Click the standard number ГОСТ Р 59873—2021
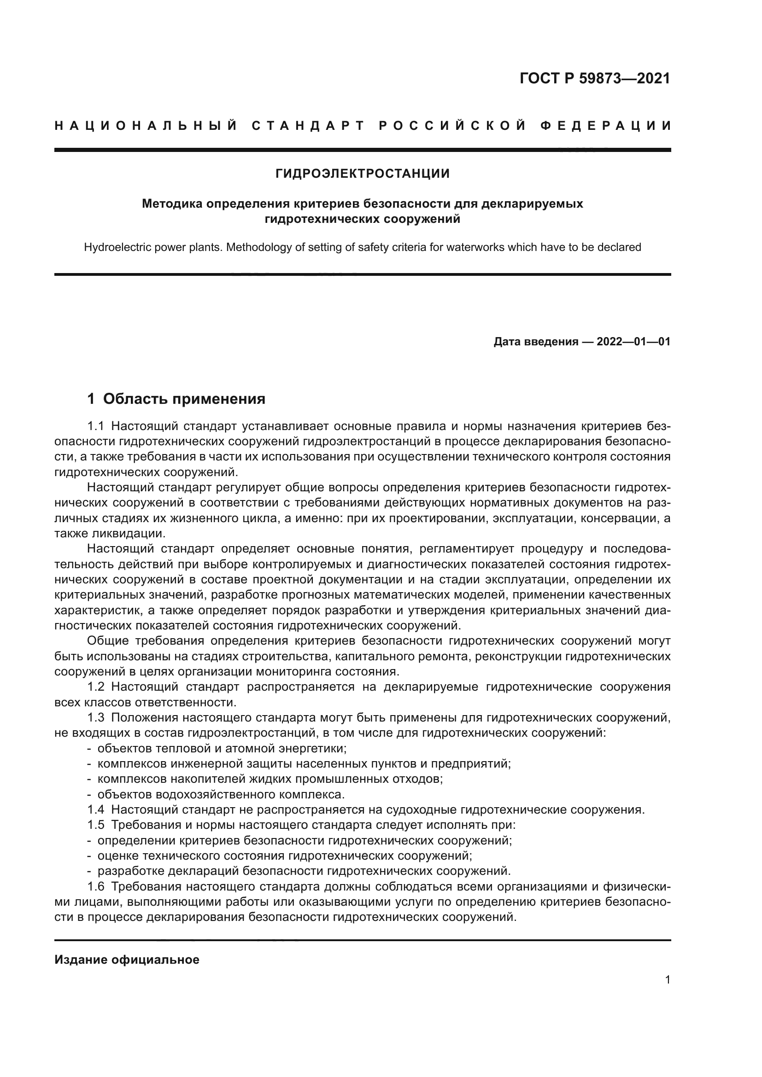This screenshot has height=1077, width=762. coord(594,78)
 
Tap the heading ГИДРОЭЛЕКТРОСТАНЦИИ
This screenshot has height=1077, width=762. coord(362,174)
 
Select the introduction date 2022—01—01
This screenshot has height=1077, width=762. coord(633,342)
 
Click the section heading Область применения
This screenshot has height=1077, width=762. coord(184,399)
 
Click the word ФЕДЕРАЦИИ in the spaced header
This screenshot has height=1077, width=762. coord(606,126)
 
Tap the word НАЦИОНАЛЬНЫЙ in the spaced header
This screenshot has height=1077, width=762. coord(146,126)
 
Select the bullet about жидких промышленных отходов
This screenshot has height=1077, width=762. coord(270,779)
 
